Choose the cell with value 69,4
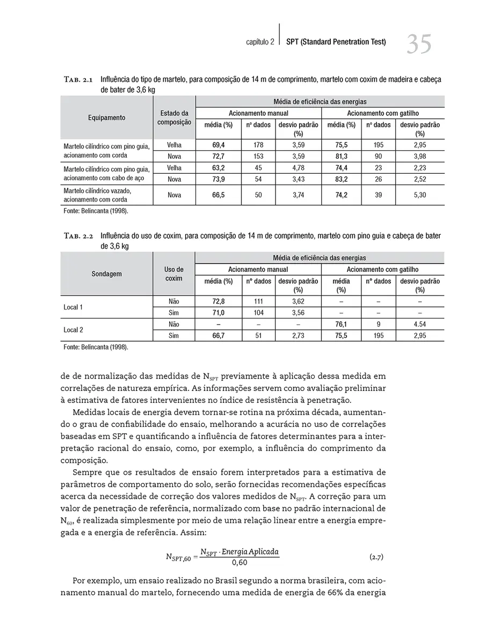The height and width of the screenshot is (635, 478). [x=219, y=145]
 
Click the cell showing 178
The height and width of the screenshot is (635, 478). [x=258, y=145]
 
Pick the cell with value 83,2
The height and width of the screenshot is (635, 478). [x=341, y=179]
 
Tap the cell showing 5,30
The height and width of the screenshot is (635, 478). [x=419, y=195]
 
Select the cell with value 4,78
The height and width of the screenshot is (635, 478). [x=298, y=167]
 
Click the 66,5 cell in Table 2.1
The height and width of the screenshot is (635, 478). [x=219, y=195]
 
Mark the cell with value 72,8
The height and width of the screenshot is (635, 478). [x=219, y=301]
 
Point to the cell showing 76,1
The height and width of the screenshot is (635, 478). [x=341, y=324]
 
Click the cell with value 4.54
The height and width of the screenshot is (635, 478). [x=419, y=324]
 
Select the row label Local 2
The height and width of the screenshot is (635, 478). [x=74, y=330]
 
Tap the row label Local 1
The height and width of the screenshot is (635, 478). [x=74, y=307]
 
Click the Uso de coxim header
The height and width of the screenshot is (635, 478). [x=174, y=274]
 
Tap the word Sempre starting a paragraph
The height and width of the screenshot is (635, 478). [x=86, y=471]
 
